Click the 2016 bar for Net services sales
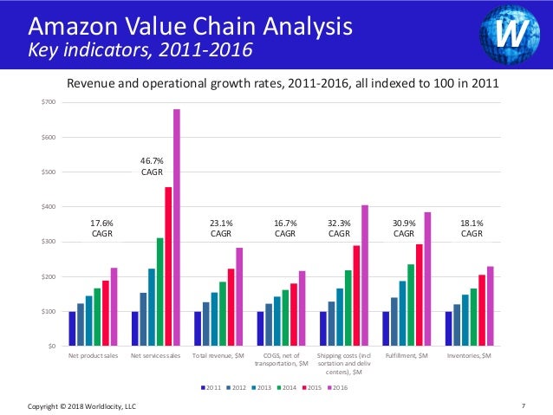pyautogui.click(x=177, y=228)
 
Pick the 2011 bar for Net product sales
pyautogui.click(x=73, y=329)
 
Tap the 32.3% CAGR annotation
pyautogui.click(x=340, y=228)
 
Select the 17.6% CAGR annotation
pyautogui.click(x=102, y=228)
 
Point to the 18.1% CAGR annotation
pyautogui.click(x=472, y=228)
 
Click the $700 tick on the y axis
pyautogui.click(x=49, y=103)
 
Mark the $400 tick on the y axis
pyautogui.click(x=49, y=207)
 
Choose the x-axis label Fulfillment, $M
pyautogui.click(x=407, y=356)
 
